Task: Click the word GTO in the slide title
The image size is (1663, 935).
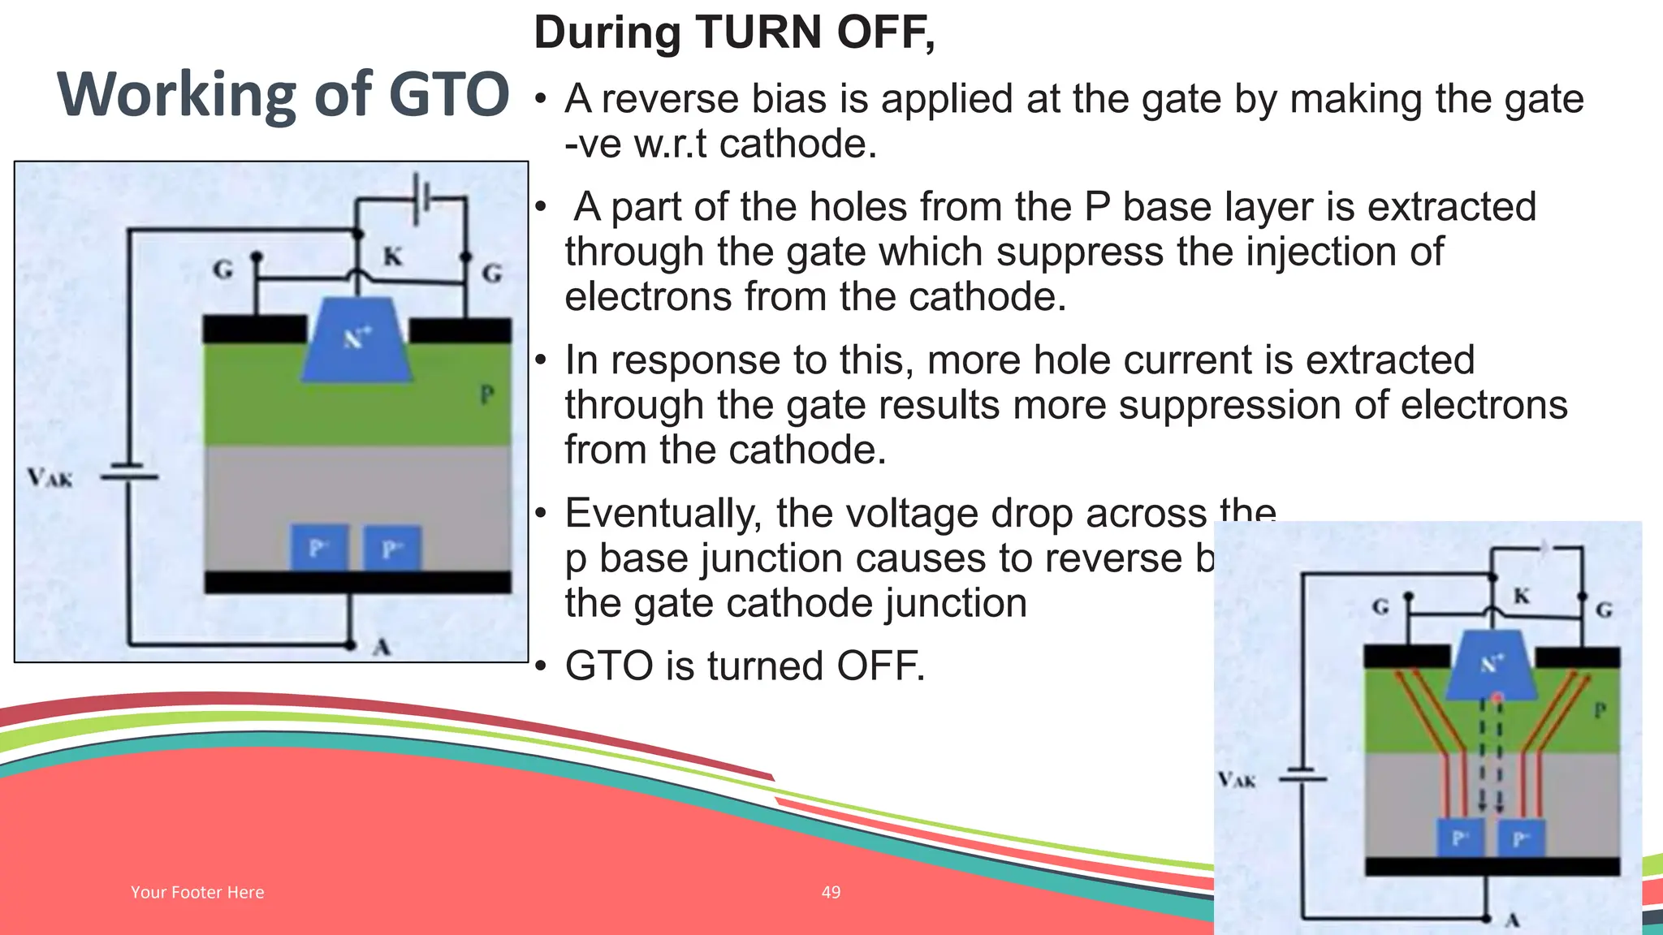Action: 448,95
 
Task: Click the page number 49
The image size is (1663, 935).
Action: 831,892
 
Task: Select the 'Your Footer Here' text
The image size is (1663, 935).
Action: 197,892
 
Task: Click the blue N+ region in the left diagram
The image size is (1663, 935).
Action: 356,341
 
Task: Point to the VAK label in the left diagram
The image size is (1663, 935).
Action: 49,477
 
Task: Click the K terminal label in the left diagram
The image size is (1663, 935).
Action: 392,256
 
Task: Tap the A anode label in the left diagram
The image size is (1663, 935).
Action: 382,647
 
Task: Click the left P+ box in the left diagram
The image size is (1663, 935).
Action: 319,549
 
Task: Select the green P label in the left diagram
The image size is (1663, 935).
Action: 486,395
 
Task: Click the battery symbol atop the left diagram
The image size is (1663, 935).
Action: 421,197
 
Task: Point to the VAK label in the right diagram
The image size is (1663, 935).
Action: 1236,780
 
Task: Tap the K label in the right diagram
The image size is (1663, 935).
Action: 1521,597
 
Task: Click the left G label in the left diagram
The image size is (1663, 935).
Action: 222,269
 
